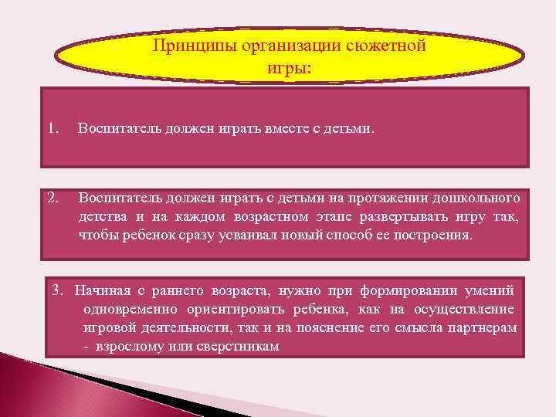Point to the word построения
pyautogui.click(x=433, y=234)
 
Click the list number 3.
pyautogui.click(x=56, y=290)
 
